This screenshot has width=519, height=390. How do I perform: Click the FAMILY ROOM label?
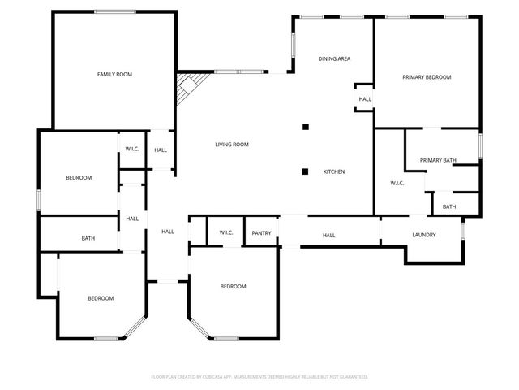tap(114, 74)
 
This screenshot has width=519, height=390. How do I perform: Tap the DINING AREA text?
tap(333, 59)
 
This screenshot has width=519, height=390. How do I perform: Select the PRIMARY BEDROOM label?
tap(427, 77)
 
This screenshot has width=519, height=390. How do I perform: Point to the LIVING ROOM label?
tap(231, 145)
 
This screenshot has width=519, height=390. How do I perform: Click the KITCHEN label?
tap(334, 171)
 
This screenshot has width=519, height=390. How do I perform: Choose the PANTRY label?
tap(261, 233)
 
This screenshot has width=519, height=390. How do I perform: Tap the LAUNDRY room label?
tap(424, 235)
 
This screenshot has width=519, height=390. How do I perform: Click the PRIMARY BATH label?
tap(438, 160)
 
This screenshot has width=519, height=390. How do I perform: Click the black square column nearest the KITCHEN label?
tap(306, 171)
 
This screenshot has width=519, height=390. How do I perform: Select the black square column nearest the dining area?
tap(306, 126)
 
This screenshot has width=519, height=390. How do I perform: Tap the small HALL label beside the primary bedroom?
tap(365, 99)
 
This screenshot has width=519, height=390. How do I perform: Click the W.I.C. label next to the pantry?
tap(226, 233)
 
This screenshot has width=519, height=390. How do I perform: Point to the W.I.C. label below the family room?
tap(132, 149)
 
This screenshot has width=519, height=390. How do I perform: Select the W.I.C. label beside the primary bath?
tap(397, 183)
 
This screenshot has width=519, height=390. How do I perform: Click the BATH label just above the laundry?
tap(448, 206)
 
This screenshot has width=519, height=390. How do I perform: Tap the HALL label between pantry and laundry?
tap(328, 236)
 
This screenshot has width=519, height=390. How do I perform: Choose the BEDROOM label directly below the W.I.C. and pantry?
tap(233, 286)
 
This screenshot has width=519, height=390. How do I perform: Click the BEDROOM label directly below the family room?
tap(79, 177)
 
